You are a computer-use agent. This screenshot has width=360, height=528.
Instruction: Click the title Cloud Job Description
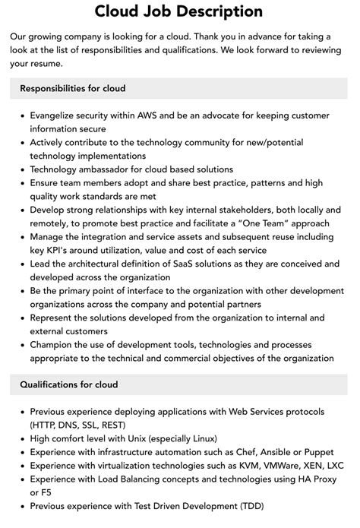179,11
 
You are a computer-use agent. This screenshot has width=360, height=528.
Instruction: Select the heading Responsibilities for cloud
73,89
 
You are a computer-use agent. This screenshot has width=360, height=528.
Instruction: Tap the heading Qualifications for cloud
69,385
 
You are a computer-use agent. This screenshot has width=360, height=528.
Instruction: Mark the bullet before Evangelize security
21,115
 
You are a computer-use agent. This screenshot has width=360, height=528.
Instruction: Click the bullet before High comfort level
21,439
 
